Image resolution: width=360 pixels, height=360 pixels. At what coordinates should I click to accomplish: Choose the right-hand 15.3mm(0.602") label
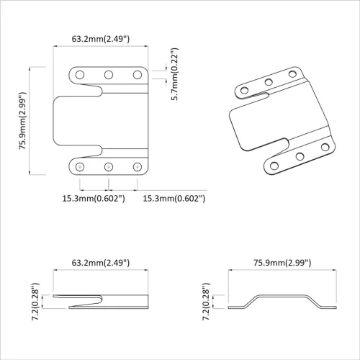[x=174, y=197]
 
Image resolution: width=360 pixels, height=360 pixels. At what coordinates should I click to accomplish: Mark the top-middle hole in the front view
[x=109, y=74]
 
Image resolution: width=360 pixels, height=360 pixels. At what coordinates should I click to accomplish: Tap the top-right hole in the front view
[x=136, y=74]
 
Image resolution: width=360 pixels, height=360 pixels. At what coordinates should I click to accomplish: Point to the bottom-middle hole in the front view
[x=109, y=167]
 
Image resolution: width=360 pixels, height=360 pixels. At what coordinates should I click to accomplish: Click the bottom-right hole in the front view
[x=136, y=167]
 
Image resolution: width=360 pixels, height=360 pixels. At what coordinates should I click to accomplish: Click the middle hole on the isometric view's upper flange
[x=269, y=81]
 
